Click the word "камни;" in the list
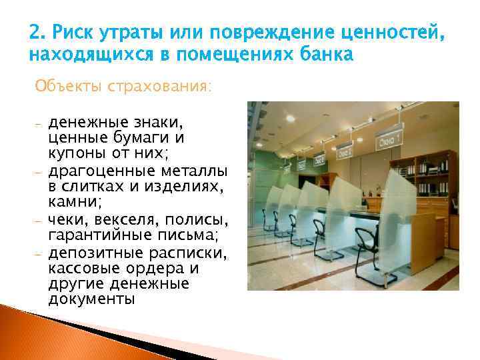(x=69, y=199)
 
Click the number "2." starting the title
(x=37, y=31)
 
